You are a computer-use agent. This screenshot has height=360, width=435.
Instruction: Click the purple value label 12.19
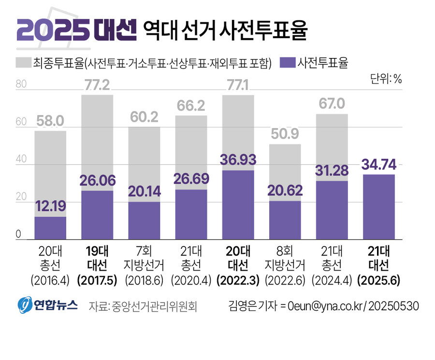tap(50, 207)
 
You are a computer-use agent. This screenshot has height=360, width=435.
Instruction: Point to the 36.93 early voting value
tap(238, 160)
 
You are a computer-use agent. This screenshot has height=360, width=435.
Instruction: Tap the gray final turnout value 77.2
tap(97, 86)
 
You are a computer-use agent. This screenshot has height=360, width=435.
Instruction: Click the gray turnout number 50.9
tap(285, 135)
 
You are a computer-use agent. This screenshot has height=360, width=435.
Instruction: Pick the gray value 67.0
tap(332, 104)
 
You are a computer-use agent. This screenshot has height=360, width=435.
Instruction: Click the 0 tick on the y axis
tap(19, 234)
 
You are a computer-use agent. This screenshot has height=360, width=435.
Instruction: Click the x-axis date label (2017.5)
tap(97, 279)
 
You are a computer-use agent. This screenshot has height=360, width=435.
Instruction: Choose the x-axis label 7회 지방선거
tap(144, 258)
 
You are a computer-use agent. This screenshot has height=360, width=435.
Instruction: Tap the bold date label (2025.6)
tap(379, 279)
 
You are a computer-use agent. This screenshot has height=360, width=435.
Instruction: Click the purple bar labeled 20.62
tap(285, 220)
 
